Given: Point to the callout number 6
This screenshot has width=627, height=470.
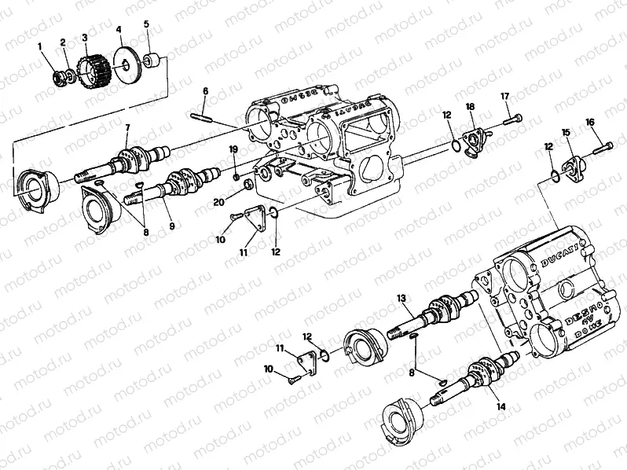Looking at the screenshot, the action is (x=205, y=91).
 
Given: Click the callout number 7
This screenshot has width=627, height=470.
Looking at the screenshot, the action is (x=127, y=128).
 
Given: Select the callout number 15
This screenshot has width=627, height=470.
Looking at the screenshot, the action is (x=564, y=133).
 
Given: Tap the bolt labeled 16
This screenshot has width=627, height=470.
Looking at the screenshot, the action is (x=601, y=146).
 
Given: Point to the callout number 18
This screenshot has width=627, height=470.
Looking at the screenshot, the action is (x=470, y=106).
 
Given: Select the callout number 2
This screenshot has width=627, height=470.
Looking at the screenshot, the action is (x=63, y=42).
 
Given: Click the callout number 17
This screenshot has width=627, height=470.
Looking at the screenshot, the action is (x=505, y=96).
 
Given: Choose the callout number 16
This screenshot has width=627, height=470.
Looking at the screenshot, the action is (x=590, y=122).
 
